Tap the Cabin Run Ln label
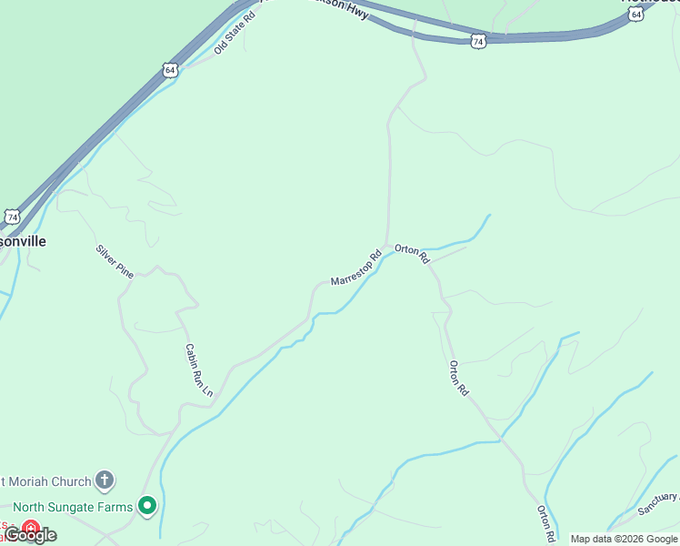[x=198, y=369]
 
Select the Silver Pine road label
[x=115, y=261]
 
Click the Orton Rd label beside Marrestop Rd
[x=412, y=253]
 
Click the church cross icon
[x=105, y=480]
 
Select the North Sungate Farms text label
[x=73, y=507]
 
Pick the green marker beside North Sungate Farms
[x=147, y=507]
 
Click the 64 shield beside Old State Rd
[x=171, y=69]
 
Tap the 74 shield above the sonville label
[x=11, y=217]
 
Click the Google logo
[x=32, y=535]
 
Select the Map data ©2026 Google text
[x=624, y=539]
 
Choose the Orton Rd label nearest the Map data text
[x=545, y=523]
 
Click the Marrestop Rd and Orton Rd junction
[x=389, y=247]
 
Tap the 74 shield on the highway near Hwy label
[x=478, y=41]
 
